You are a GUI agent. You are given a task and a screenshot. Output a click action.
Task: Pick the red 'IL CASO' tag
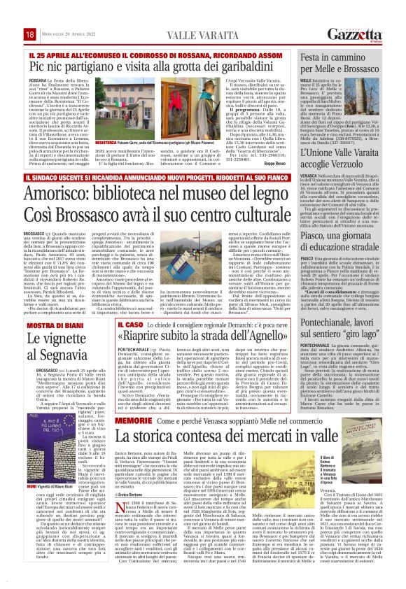click(130, 325)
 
